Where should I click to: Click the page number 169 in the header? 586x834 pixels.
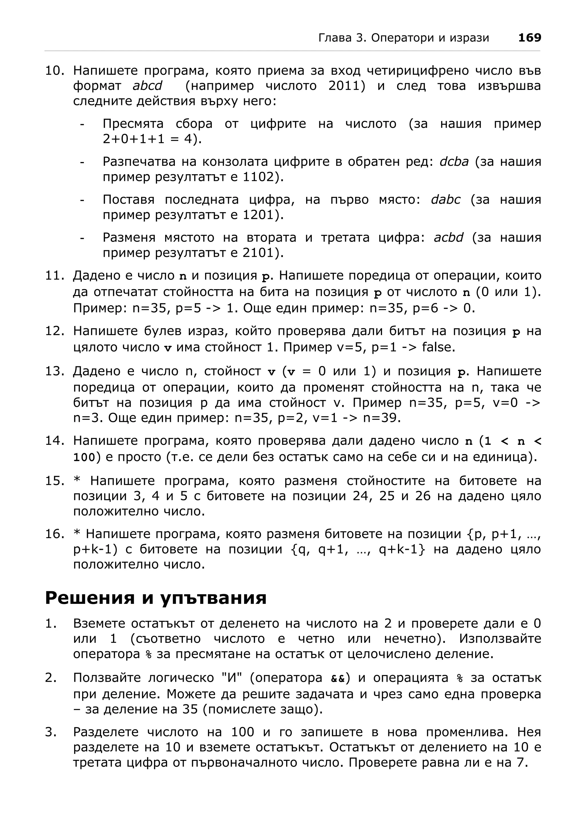click(529, 37)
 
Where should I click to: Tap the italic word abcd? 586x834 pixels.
click(147, 86)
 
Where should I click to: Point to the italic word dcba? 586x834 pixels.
click(454, 162)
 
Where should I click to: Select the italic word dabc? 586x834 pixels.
click(446, 199)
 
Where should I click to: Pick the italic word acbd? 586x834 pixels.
click(448, 237)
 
